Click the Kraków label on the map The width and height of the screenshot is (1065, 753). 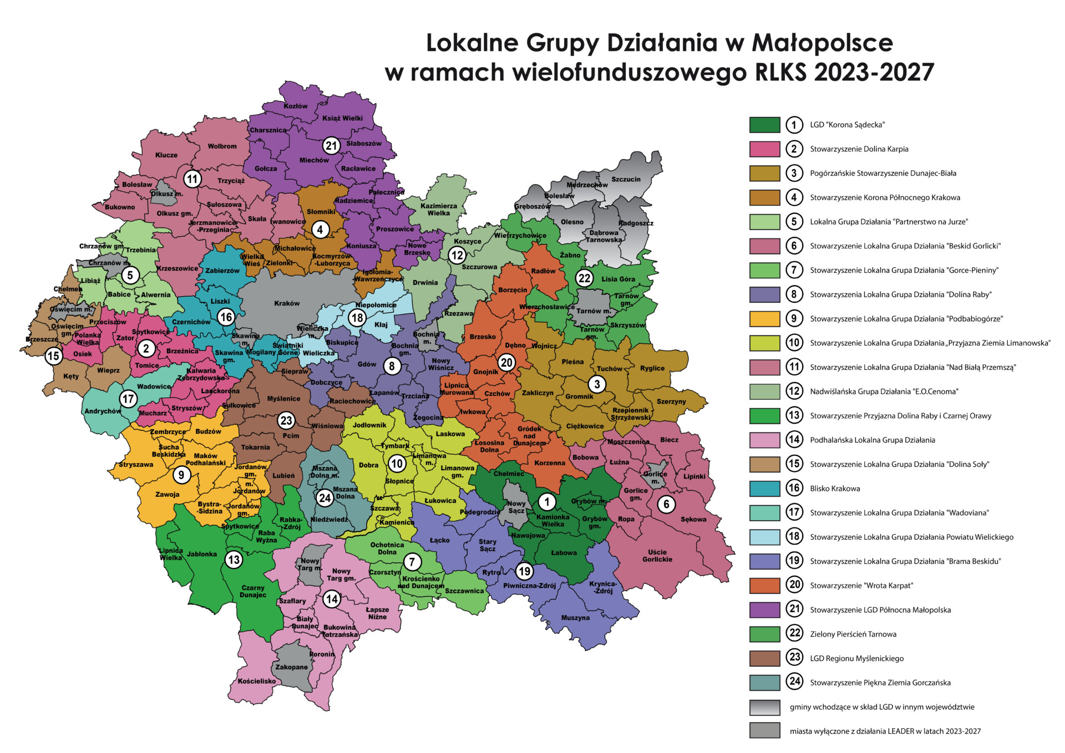click(287, 303)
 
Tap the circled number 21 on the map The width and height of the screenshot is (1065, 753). click(331, 146)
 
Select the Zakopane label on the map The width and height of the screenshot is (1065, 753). click(291, 667)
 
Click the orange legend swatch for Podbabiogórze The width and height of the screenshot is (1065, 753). click(764, 319)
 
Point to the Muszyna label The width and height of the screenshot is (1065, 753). click(575, 618)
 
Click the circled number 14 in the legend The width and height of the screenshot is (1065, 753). click(794, 440)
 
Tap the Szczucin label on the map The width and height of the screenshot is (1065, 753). click(626, 179)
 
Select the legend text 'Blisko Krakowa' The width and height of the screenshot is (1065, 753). click(834, 489)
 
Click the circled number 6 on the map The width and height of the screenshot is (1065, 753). click(666, 504)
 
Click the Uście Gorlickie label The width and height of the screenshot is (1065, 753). click(657, 556)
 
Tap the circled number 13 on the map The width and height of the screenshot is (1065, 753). click(234, 559)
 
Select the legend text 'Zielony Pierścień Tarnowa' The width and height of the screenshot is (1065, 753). click(853, 634)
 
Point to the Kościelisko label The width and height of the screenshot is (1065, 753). click(256, 681)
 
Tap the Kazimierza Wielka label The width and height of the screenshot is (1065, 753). click(438, 209)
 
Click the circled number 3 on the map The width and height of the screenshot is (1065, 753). click(597, 384)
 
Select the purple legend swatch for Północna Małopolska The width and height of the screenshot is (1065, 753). click(764, 610)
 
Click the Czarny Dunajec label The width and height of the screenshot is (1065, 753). click(253, 591)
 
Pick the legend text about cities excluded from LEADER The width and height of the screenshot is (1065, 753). click(885, 731)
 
